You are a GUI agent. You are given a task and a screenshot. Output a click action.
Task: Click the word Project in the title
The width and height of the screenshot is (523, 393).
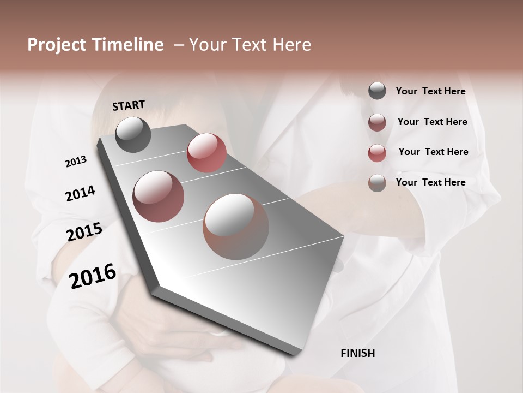[x=56, y=45]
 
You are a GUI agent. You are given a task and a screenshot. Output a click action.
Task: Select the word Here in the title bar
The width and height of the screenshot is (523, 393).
[x=292, y=45]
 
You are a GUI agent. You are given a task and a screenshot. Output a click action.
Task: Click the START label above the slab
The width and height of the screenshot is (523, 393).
[x=129, y=105]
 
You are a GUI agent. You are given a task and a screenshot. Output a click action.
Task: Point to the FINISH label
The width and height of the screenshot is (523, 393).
[x=358, y=353]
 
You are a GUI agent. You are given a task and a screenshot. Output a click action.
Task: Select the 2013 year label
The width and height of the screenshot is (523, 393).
[x=76, y=162]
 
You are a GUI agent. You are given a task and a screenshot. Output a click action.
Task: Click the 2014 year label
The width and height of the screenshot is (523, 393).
[x=81, y=193]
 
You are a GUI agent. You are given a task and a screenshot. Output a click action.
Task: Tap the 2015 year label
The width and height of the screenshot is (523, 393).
[x=84, y=232]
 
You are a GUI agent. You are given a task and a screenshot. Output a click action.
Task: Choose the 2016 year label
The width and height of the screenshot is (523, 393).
[x=93, y=276]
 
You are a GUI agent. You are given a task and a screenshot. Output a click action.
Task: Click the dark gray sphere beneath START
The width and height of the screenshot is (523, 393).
[x=133, y=134]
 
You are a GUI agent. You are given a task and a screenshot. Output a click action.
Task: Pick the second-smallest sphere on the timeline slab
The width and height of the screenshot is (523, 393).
[x=206, y=153]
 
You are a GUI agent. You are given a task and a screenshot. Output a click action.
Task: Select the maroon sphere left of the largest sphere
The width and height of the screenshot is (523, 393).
[x=159, y=196]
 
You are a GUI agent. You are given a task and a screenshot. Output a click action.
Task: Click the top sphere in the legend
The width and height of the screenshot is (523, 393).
[x=377, y=91]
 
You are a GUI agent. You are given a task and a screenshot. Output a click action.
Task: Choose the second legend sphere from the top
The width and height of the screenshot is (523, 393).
[x=377, y=122]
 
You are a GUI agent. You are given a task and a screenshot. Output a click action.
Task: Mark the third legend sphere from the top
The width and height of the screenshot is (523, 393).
[x=377, y=153]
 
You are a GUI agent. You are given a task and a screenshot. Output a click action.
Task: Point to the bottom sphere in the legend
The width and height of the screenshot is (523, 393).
[x=377, y=183]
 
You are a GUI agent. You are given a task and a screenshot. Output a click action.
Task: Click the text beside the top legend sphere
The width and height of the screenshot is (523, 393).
[x=431, y=92]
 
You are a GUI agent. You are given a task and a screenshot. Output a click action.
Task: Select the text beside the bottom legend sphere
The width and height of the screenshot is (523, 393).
[x=431, y=182]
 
